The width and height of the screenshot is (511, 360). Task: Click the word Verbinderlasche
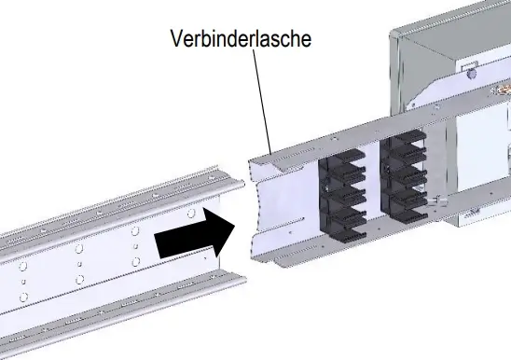click(241, 38)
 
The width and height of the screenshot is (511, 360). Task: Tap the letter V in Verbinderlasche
click(176, 38)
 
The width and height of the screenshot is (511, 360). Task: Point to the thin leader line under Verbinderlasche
click(262, 102)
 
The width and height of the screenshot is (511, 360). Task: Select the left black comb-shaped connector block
click(342, 195)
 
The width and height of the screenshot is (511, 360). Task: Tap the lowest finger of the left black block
click(352, 234)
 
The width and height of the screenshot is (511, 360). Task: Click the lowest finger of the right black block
click(412, 214)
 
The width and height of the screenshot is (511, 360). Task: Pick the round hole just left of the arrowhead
click(191, 214)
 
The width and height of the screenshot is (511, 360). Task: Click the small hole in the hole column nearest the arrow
click(136, 246)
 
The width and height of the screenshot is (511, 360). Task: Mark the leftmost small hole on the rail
click(23, 281)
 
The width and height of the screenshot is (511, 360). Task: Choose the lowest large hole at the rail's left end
click(23, 298)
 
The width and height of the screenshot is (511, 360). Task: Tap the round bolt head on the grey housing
click(471, 74)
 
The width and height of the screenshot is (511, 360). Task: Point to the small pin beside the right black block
click(437, 201)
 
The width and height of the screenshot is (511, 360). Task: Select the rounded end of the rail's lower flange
click(242, 279)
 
